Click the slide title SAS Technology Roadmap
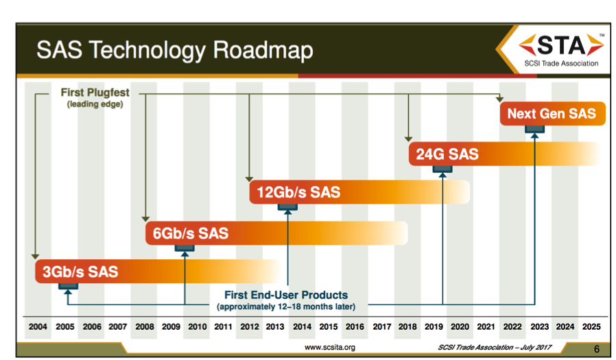click(x=174, y=50)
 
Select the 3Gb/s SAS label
click(x=80, y=272)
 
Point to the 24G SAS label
click(x=447, y=154)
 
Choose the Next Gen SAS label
click(x=551, y=114)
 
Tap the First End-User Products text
click(x=286, y=296)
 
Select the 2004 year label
click(x=38, y=327)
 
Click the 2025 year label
click(x=590, y=327)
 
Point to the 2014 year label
click(x=301, y=327)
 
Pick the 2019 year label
click(x=433, y=327)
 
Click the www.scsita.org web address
click(x=329, y=348)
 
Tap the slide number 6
click(x=596, y=349)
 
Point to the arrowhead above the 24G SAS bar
click(x=409, y=139)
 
